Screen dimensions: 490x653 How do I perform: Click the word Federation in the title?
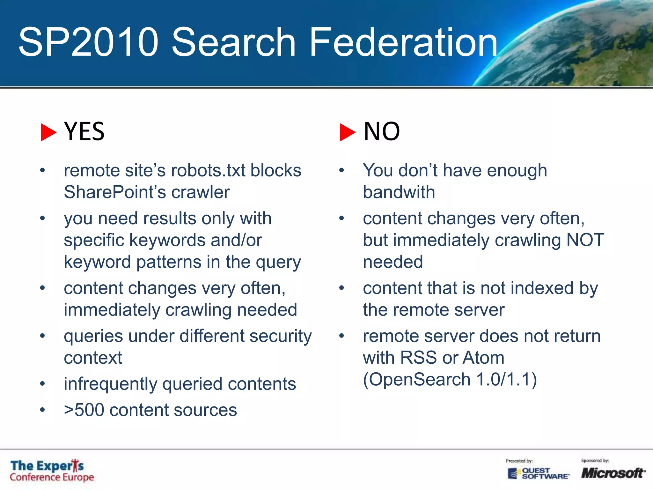[403, 42]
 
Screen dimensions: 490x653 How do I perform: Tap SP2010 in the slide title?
[89, 42]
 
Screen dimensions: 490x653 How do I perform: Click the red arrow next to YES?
[48, 132]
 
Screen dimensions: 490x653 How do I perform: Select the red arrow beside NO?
[347, 132]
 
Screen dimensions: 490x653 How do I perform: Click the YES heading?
[84, 131]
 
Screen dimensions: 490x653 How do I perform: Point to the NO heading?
[382, 131]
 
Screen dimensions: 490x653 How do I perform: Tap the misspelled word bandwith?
[399, 192]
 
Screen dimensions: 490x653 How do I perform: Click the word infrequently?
[110, 384]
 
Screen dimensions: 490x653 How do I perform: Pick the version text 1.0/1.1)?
[507, 379]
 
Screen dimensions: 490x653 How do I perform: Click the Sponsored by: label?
[595, 460]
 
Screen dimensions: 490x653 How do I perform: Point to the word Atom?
[483, 358]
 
